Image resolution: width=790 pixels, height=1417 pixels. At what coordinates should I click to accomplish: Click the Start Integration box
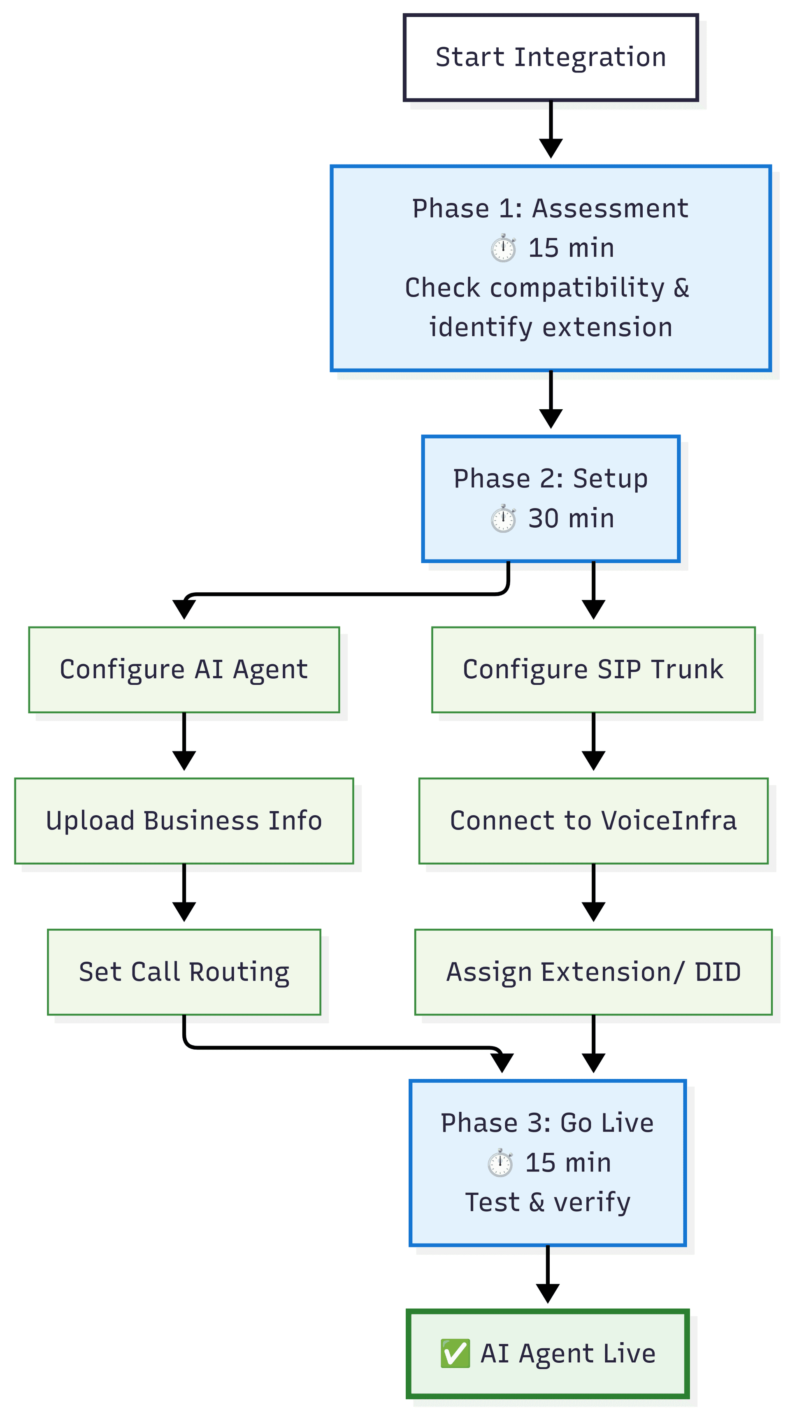(550, 58)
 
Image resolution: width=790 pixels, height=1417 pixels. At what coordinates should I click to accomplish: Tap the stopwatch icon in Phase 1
(503, 248)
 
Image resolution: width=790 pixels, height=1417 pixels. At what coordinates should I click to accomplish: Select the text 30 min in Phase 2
(571, 519)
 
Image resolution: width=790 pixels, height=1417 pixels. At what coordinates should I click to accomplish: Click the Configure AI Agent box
(184, 670)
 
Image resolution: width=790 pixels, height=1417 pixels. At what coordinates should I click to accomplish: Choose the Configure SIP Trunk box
(593, 670)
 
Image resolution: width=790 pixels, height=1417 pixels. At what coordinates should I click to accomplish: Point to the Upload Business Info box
(184, 821)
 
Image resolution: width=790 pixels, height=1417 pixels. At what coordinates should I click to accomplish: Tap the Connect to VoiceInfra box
(593, 821)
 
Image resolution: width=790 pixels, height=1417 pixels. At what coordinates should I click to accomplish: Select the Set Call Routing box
(184, 972)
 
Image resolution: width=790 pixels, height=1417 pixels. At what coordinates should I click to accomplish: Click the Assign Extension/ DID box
(593, 972)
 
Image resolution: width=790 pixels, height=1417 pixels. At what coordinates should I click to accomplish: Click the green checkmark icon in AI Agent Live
(455, 1353)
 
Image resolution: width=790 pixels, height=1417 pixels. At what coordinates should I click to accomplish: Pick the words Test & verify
(547, 1202)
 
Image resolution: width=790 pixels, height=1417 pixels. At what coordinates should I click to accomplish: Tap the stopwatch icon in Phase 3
(500, 1163)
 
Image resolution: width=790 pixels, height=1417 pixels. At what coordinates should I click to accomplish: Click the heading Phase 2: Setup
(550, 478)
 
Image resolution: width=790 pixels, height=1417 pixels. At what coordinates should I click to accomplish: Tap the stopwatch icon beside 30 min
(503, 519)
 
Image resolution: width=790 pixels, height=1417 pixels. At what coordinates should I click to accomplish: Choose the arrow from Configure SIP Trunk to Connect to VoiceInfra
(593, 740)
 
